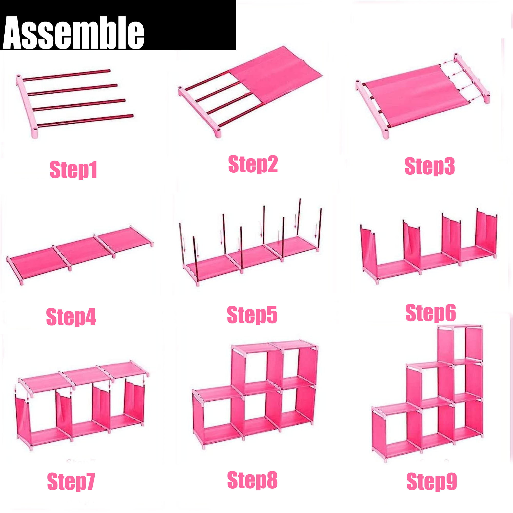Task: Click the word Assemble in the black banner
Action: click(73, 32)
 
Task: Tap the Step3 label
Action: click(430, 166)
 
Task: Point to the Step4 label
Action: click(71, 317)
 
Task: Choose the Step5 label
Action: click(252, 315)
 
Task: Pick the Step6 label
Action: click(431, 313)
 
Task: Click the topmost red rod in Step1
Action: click(66, 75)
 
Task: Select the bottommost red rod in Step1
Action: click(85, 121)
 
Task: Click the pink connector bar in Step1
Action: click(27, 106)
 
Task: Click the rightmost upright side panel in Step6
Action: click(486, 231)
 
